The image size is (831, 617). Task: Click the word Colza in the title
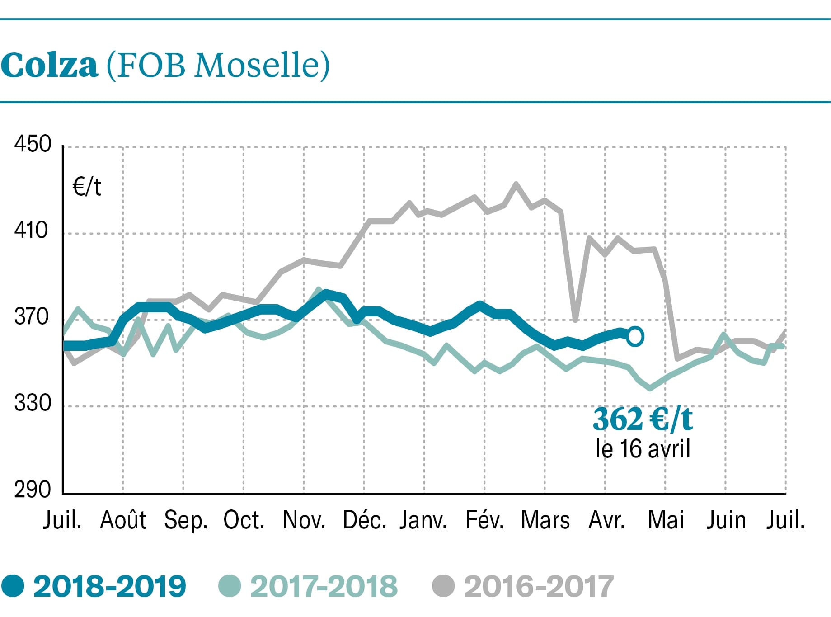click(x=49, y=66)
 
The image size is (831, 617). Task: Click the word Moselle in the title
click(x=262, y=66)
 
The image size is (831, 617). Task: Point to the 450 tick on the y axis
click(x=33, y=145)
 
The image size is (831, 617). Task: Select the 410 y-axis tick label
click(x=31, y=231)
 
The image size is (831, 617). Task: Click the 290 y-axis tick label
click(x=33, y=490)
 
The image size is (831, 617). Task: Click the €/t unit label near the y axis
click(x=87, y=186)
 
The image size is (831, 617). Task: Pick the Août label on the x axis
click(x=123, y=520)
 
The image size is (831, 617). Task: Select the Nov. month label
click(x=304, y=520)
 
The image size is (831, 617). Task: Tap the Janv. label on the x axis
click(x=423, y=520)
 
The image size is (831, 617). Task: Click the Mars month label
click(x=545, y=520)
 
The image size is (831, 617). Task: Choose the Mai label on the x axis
click(x=666, y=520)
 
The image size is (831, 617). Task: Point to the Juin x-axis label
click(x=726, y=520)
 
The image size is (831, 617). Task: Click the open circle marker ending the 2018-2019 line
click(x=635, y=336)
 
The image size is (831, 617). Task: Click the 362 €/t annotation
click(x=643, y=419)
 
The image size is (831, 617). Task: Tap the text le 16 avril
click(x=643, y=449)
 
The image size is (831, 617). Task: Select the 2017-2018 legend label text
click(x=324, y=586)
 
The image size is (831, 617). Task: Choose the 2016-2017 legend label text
click(x=539, y=586)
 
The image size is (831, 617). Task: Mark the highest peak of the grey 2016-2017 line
click(x=516, y=184)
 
